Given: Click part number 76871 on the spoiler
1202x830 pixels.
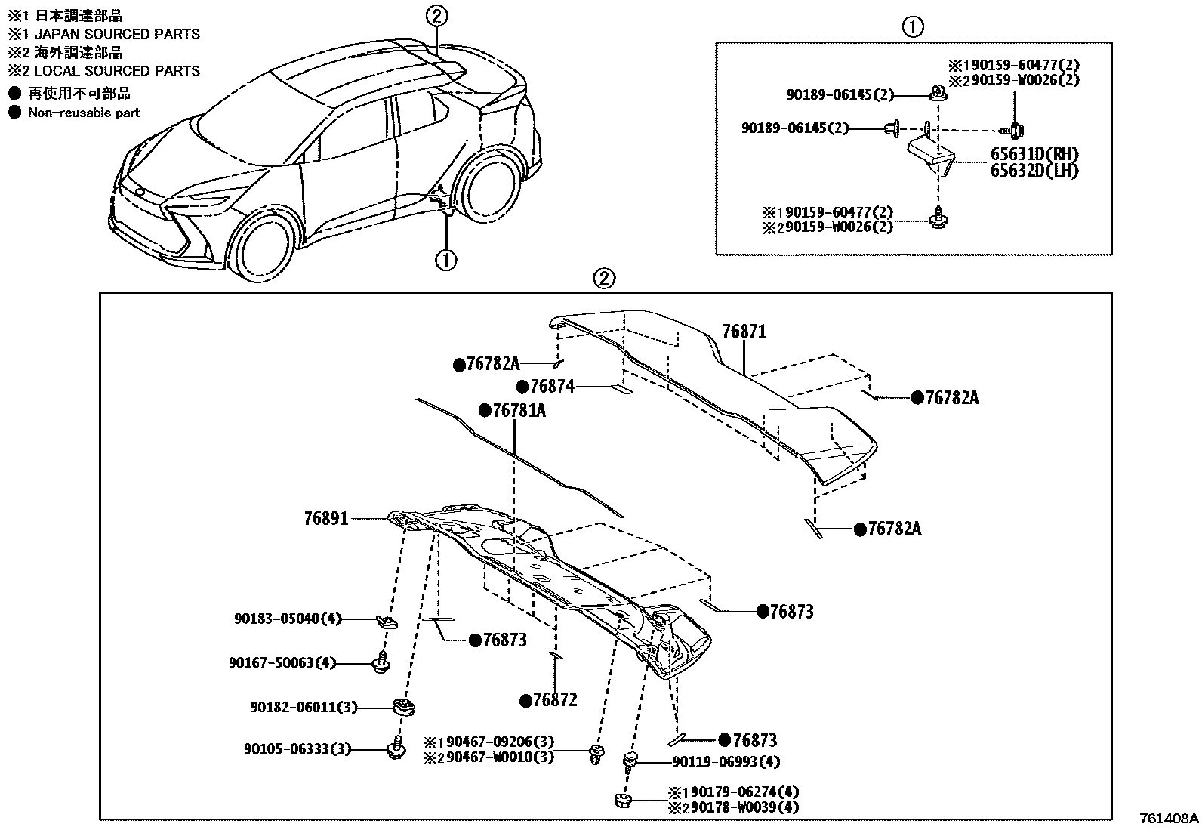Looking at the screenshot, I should tap(744, 331).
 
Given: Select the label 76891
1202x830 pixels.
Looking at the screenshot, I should tap(326, 519).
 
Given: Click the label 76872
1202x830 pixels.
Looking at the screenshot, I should tap(553, 700).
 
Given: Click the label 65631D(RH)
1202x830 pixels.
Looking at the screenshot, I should tap(1034, 153).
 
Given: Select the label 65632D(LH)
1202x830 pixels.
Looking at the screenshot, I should tap(1034, 171).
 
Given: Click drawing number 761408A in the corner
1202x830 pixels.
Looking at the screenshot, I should tap(1169, 818).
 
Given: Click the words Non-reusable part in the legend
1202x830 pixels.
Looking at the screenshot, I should tap(84, 113).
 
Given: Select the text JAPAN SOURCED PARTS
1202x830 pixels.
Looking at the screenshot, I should tap(114, 34).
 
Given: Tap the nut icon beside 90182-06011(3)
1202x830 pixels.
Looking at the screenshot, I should tap(405, 708).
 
